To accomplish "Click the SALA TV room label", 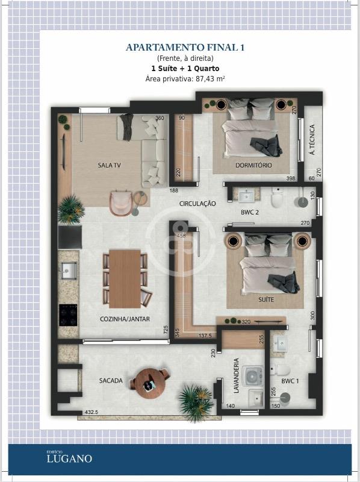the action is click(109, 165).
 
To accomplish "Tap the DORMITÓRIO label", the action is click(253, 165).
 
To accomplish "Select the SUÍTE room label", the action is click(266, 299).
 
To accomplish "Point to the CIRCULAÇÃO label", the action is click(197, 204).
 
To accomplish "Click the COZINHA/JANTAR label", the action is click(125, 319).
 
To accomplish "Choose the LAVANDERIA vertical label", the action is click(236, 375).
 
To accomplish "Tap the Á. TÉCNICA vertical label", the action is click(312, 140).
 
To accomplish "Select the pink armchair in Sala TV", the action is click(121, 202).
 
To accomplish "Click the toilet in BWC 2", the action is click(277, 197).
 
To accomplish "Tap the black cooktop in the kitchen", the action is click(68, 315).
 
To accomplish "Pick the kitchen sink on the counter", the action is click(69, 270).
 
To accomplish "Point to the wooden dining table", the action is click(125, 279).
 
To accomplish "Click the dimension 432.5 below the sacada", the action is click(91, 412).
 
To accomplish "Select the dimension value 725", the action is click(166, 330).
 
